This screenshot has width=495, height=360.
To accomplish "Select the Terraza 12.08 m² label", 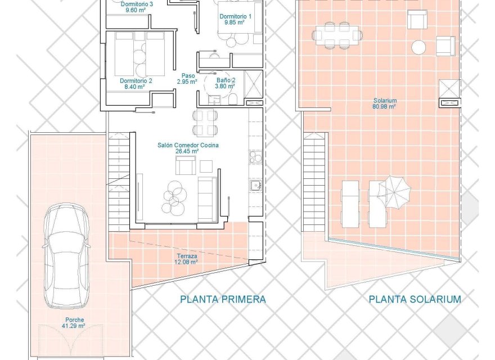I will pos(186,258).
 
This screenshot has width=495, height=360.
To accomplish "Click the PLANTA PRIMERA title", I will pos(223,299).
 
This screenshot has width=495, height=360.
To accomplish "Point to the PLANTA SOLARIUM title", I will pos(415,299).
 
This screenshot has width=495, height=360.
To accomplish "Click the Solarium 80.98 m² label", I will pos(385,103).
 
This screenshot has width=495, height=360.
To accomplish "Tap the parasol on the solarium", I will pos(394,191).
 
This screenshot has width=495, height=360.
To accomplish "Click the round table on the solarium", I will pos(419,47).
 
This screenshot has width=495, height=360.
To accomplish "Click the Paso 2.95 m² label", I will pos(187,78).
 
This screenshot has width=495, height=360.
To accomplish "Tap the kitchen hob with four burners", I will pos(256,157).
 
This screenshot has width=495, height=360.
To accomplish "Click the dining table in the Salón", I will pos(205,123).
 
